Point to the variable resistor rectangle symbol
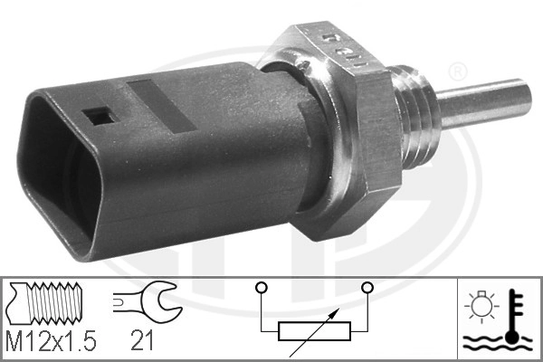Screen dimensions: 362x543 tap(313, 331)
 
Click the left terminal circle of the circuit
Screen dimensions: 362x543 tap(261, 289)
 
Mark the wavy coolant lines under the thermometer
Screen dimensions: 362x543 tap(494, 343)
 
